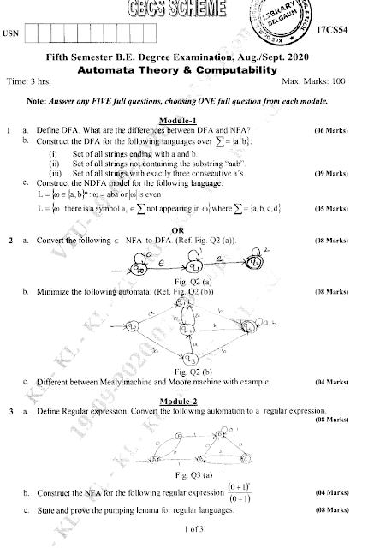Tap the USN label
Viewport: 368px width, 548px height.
[x=10, y=33]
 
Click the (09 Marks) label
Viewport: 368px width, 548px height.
[x=331, y=173]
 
